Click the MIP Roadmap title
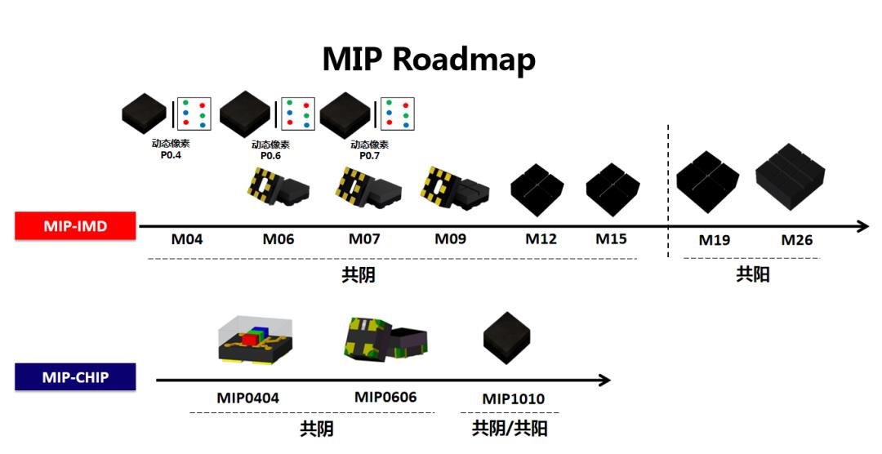click(429, 60)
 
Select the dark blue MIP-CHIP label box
click(75, 378)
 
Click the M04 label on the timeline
click(186, 239)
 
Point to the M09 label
click(450, 239)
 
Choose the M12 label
click(541, 239)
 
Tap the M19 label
click(715, 240)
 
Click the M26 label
click(797, 240)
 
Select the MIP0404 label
click(248, 398)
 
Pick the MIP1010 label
click(513, 399)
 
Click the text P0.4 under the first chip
click(171, 155)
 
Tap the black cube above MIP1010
click(506, 337)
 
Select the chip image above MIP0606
click(384, 336)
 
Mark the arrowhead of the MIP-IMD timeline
click(863, 226)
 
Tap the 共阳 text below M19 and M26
click(752, 274)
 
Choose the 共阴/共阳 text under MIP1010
click(510, 427)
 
